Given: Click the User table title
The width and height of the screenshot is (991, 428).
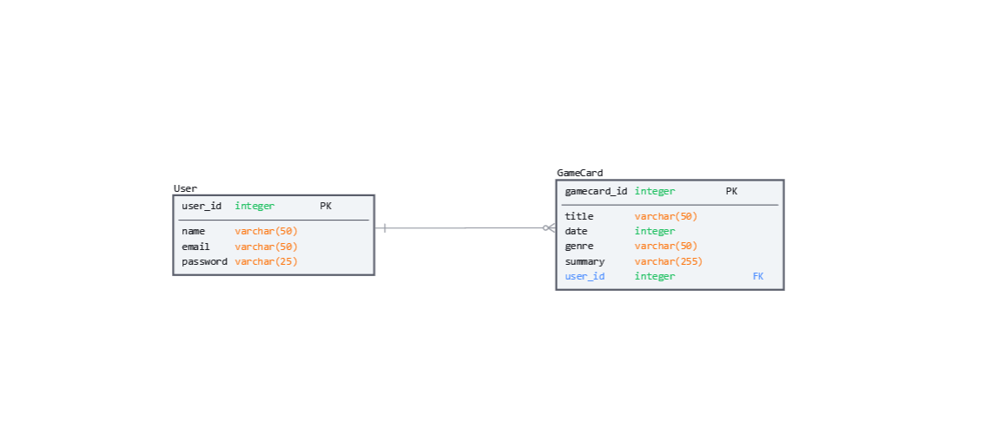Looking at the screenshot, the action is pos(185,188).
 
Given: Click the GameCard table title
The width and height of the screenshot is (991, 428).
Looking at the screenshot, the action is pos(579,173).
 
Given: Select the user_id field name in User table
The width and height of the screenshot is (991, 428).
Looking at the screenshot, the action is pos(202,206).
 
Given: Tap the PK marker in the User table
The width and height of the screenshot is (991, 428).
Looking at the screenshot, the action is pos(326,206).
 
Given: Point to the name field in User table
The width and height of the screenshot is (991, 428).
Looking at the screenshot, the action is pos(194,232).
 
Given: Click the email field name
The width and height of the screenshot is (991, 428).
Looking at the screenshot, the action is pos(196,247).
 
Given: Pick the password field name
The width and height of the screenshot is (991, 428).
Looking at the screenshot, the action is pos(205,261).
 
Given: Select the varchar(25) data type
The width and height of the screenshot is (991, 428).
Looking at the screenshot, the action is pos(266,261).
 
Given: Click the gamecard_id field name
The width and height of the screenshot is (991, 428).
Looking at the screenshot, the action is pos(596,192).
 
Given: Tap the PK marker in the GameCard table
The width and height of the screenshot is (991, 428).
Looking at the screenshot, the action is pos(731,191).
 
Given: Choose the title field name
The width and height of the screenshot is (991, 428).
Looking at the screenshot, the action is pos(579,216).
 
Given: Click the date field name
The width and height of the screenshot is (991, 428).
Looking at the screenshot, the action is pos(577,232).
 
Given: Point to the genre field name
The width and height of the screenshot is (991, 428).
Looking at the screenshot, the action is pos(579,247).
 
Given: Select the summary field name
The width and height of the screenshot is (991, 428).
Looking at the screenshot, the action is pos(585,261).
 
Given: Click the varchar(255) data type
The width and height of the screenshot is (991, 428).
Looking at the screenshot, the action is pos(669,261).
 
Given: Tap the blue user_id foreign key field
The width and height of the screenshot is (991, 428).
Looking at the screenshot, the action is pos(585,277).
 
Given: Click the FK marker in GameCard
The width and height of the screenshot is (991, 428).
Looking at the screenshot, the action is pos(757,276).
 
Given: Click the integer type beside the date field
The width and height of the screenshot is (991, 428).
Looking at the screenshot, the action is pos(655,232).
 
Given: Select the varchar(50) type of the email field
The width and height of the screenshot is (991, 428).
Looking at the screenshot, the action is pos(266,247).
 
